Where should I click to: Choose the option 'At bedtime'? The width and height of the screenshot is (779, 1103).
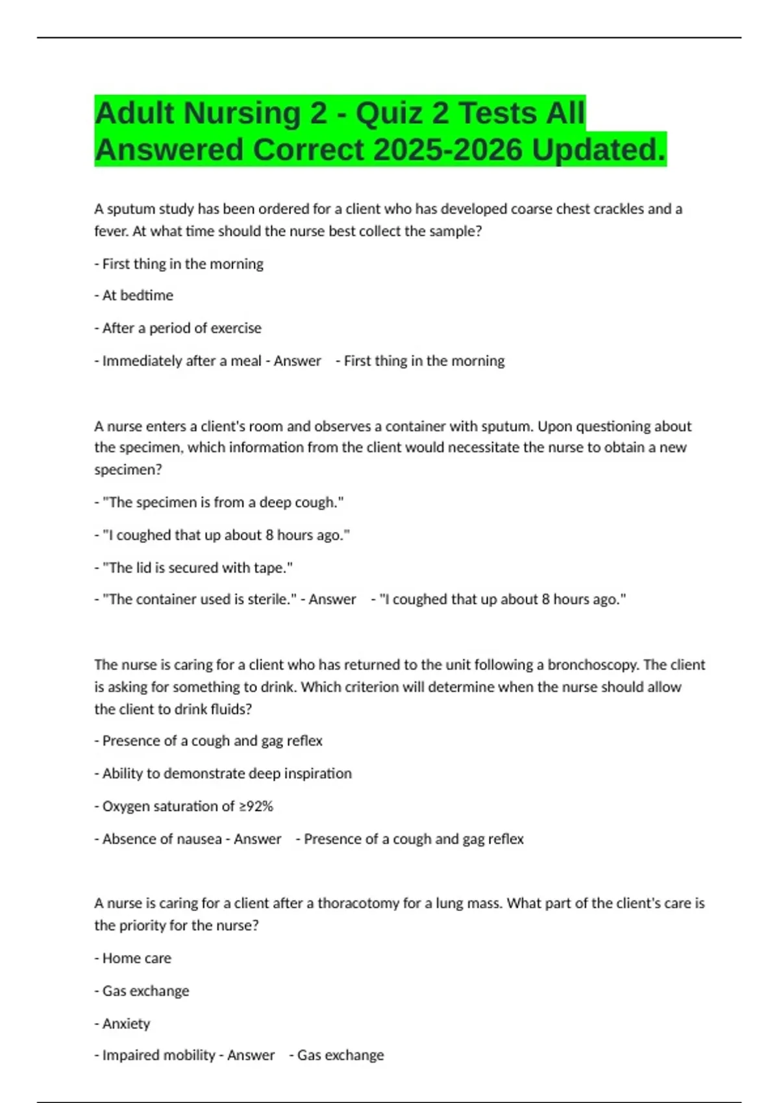[138, 295]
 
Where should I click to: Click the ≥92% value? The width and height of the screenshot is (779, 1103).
[256, 806]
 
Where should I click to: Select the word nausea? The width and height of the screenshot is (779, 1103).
[201, 839]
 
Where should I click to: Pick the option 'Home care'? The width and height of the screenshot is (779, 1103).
[137, 958]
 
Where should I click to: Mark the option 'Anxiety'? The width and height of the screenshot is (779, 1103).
[126, 1024]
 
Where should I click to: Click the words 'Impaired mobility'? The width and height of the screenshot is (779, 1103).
[158, 1056]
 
